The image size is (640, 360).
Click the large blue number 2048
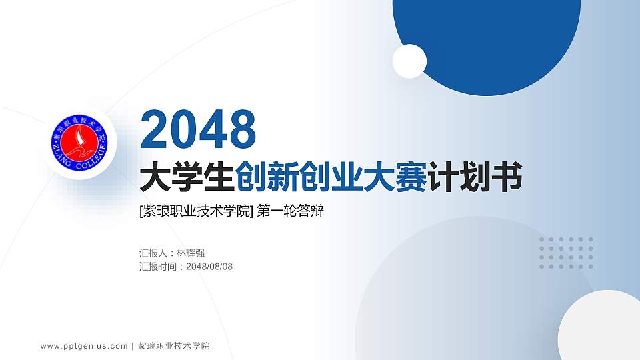click(x=199, y=129)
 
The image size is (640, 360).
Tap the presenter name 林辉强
click(x=190, y=253)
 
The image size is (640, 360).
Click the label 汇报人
click(x=153, y=253)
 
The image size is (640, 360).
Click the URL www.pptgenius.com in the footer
click(x=84, y=346)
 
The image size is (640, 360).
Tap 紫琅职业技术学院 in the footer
click(x=173, y=346)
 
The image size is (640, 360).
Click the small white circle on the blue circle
click(x=409, y=61)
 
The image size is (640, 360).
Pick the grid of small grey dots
click(x=566, y=253)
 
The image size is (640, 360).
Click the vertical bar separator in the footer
click(x=133, y=346)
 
